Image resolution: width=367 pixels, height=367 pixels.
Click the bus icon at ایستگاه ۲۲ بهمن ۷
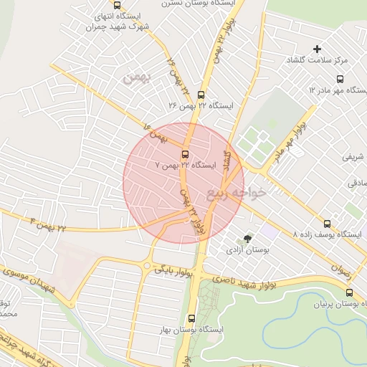click(x=185, y=154)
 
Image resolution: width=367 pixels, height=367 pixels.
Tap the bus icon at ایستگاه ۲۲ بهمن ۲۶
click(x=200, y=95)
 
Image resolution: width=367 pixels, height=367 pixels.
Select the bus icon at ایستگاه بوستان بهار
click(x=191, y=319)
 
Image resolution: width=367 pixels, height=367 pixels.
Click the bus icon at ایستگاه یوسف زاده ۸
click(x=328, y=224)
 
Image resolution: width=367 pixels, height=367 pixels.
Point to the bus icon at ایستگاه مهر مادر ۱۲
click(x=340, y=80)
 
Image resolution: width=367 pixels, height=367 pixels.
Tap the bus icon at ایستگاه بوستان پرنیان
click(x=349, y=292)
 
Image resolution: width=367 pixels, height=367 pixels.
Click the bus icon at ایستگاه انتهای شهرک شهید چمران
click(x=117, y=4)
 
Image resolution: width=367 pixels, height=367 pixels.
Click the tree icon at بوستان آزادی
click(x=248, y=238)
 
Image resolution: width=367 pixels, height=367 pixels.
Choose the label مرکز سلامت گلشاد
click(x=318, y=61)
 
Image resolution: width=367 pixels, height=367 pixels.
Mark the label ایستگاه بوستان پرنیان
click(x=337, y=305)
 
